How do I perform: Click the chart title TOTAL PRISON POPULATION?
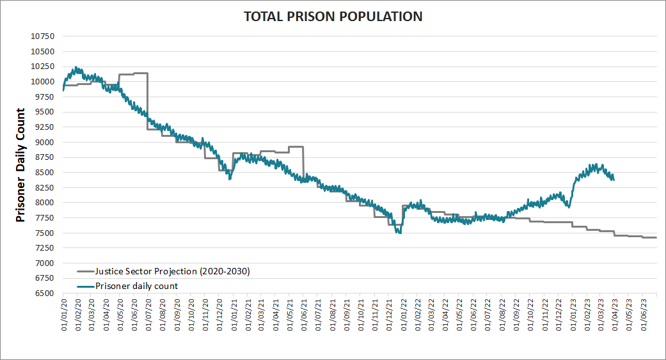[x=333, y=17]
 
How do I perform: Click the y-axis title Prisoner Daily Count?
[x=20, y=165]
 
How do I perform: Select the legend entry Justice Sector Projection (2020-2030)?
[x=172, y=272]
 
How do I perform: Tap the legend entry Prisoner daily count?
[x=136, y=286]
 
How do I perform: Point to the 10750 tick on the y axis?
[x=44, y=36]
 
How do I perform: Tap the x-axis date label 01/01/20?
[x=64, y=313]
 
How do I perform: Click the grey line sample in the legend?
[x=84, y=272]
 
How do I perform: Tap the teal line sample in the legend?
[x=84, y=286]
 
